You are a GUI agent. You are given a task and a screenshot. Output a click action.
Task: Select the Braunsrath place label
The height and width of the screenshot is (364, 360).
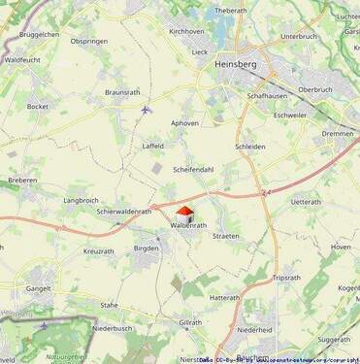[122, 92]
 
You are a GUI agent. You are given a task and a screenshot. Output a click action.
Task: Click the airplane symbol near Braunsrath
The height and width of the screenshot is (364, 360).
[146, 109]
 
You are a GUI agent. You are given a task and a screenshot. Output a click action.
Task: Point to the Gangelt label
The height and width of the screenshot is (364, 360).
[39, 288]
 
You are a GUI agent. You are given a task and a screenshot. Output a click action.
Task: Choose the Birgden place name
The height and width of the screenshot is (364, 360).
[146, 248]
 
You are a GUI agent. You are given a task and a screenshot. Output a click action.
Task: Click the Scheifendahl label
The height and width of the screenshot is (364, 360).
[193, 169]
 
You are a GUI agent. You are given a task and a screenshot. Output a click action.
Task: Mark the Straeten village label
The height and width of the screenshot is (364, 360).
[226, 236]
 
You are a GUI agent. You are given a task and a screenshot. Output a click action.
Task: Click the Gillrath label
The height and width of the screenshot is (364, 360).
[190, 322]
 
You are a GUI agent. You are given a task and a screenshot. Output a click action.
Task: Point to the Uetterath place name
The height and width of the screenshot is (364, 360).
[305, 202]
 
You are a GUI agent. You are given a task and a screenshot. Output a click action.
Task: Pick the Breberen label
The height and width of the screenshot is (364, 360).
[22, 180]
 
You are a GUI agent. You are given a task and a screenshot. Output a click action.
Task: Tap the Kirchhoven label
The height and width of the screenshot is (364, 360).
[187, 31]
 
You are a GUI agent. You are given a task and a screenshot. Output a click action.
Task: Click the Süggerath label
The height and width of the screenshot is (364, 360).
[334, 340]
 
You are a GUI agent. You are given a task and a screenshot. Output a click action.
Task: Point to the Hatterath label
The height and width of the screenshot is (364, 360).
[224, 298]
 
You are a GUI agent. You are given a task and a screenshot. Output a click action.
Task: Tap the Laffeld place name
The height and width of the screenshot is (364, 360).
[153, 146]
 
